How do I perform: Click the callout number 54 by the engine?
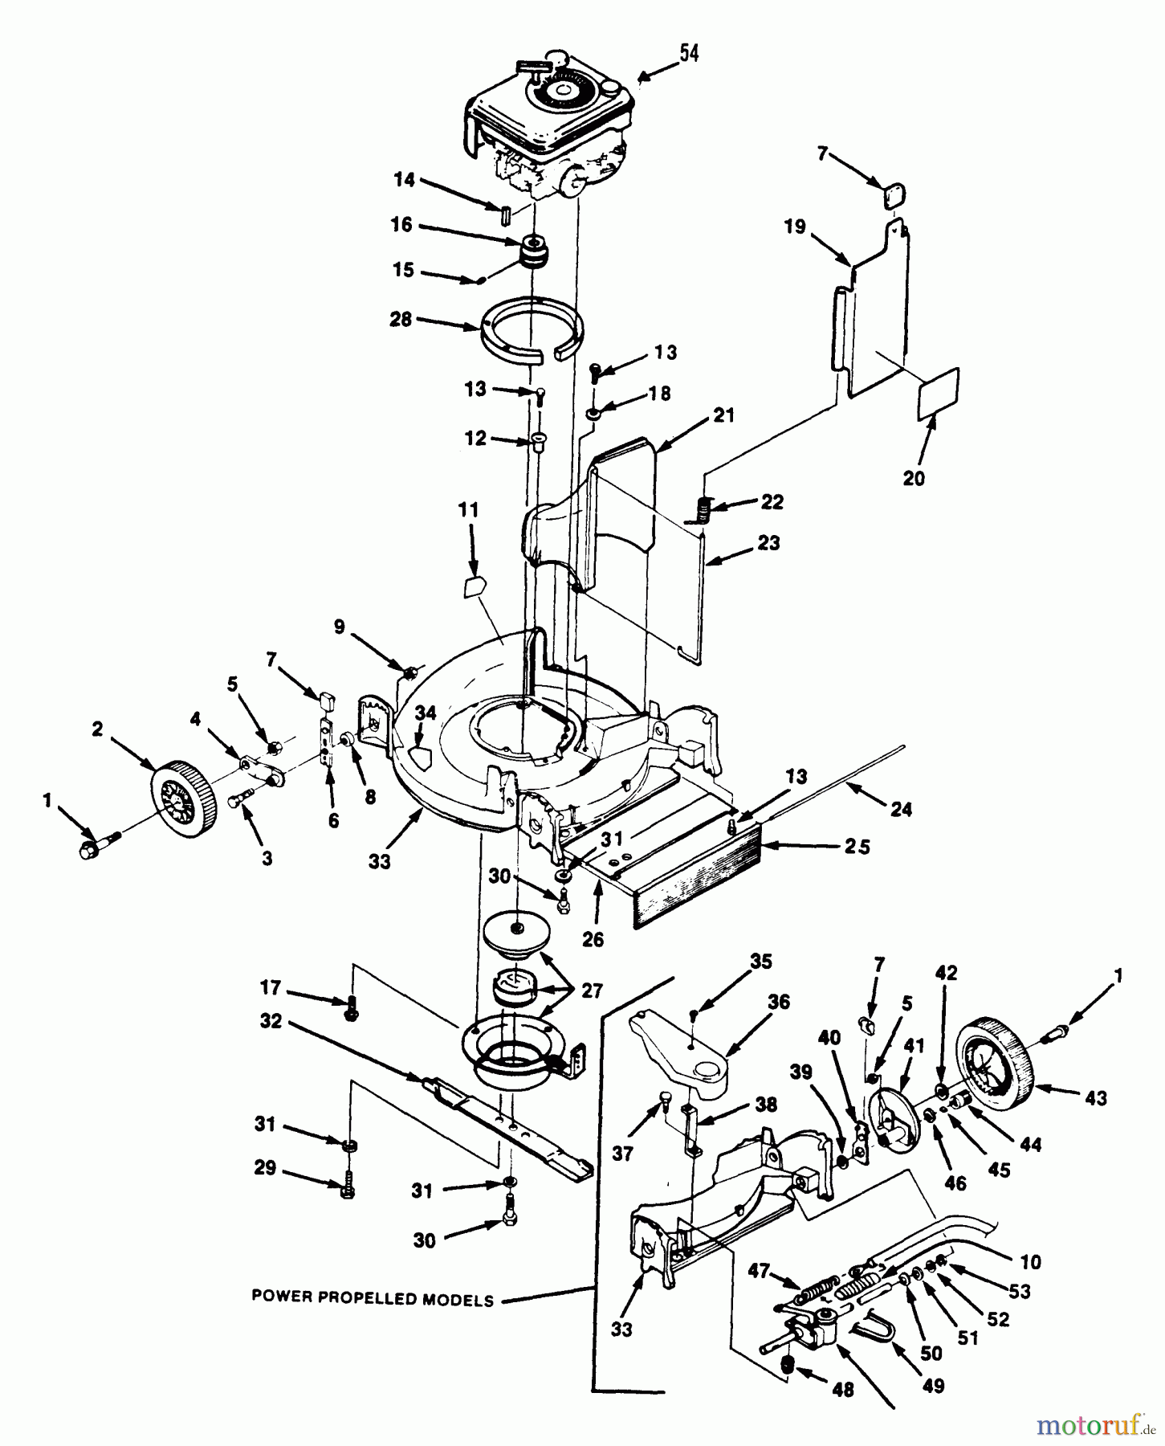point(689,53)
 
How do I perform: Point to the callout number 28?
point(400,319)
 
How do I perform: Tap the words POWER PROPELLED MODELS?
point(373,1298)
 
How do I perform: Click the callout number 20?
point(914,478)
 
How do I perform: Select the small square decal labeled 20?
point(938,394)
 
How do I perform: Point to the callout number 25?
point(857,847)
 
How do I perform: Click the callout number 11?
point(468,510)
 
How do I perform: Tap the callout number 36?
point(778,1002)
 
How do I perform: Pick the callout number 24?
point(902,809)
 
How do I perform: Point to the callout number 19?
point(795,227)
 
